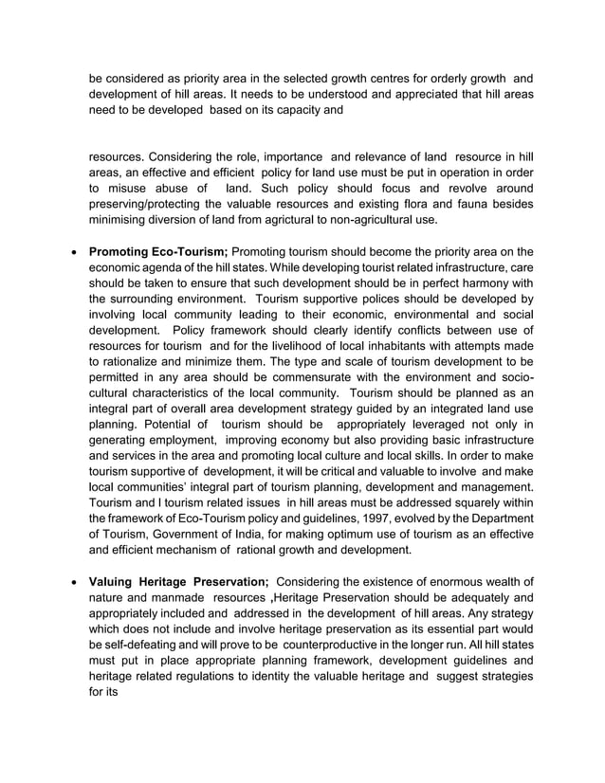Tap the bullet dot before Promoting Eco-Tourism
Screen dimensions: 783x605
(x=74, y=253)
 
